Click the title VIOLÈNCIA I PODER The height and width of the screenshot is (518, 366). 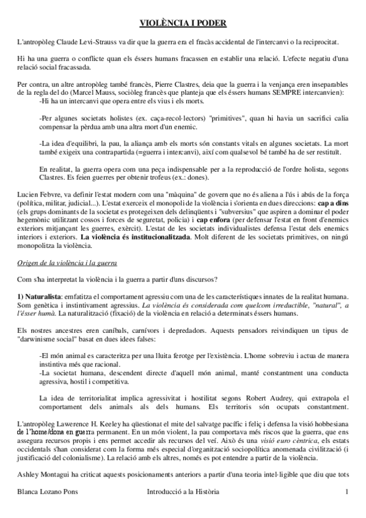click(x=183, y=23)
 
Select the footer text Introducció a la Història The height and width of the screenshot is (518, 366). click(x=183, y=508)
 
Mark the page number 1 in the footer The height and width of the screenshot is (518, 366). click(x=346, y=508)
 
